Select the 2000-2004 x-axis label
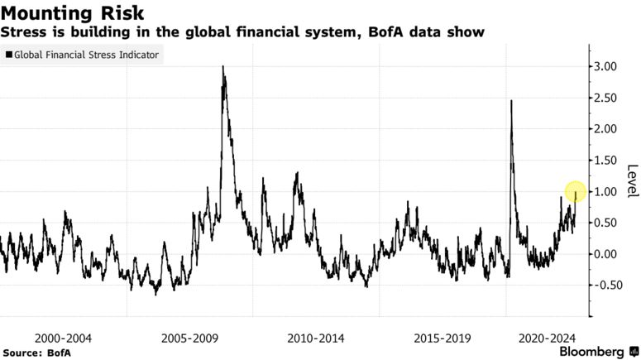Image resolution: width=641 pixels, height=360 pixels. pyautogui.click(x=64, y=338)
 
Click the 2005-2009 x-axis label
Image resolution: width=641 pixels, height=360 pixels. pyautogui.click(x=190, y=338)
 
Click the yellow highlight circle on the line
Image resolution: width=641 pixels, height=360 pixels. pyautogui.click(x=576, y=192)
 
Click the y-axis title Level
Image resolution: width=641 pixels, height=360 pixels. pyautogui.click(x=632, y=180)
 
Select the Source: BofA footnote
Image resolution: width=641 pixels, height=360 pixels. pyautogui.click(x=36, y=353)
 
